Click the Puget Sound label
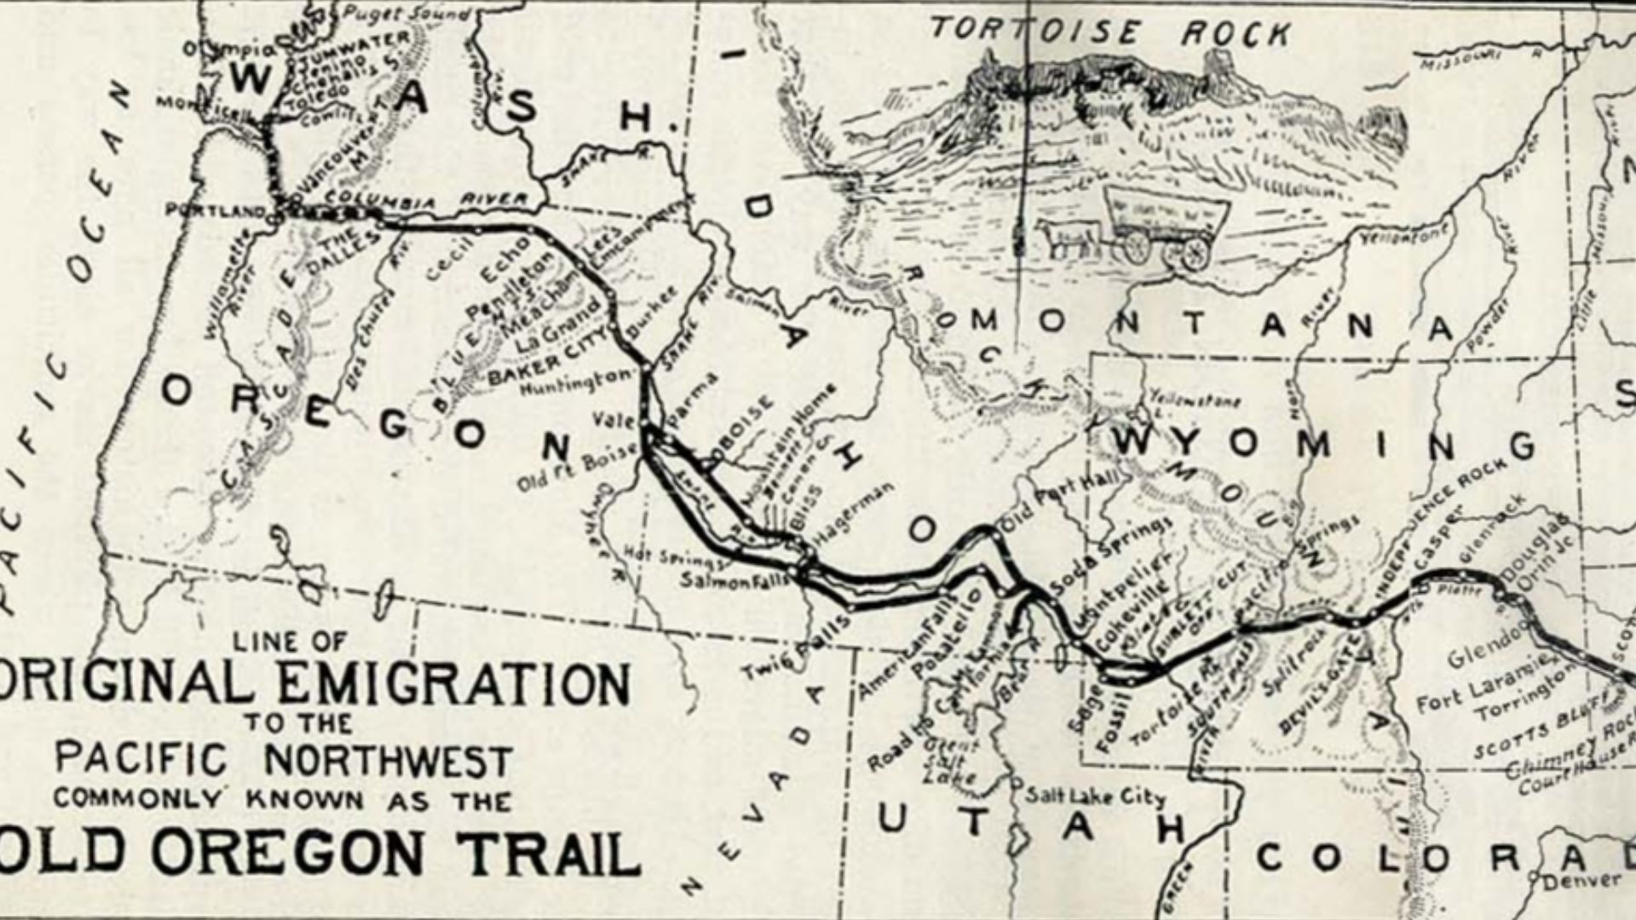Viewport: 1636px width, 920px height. (x=405, y=14)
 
